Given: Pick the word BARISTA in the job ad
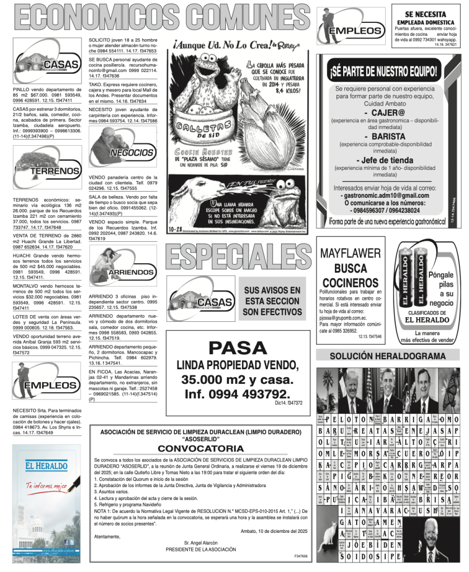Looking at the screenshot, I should [x=383, y=136].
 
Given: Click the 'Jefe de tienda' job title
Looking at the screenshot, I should [x=383, y=160].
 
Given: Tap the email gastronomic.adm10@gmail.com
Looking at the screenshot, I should [x=384, y=196].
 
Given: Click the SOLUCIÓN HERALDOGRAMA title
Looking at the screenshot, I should [x=387, y=356].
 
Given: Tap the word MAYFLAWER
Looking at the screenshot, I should [x=350, y=254].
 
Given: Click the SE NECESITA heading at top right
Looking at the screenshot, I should [x=425, y=15].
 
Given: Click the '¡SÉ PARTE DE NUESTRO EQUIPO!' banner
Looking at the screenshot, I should [x=383, y=71].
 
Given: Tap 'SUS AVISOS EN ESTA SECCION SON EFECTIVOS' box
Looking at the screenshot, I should [x=272, y=301].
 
